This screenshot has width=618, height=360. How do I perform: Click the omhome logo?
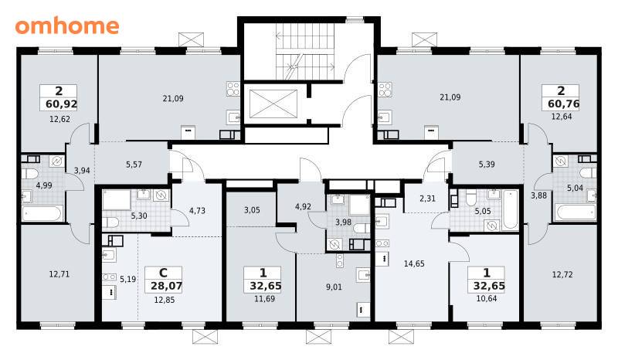[67, 26]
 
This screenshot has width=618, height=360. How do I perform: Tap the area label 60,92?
[61, 104]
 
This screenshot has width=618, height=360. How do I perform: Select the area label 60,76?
[564, 104]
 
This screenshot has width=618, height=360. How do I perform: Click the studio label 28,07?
[166, 286]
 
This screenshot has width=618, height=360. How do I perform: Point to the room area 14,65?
[414, 263]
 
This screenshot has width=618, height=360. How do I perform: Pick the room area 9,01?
[334, 287]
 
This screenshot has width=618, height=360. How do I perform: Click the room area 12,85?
[165, 300]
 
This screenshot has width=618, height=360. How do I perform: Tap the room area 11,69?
[264, 299]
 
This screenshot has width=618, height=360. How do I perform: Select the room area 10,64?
[487, 298]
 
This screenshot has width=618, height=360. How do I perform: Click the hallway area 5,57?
[134, 165]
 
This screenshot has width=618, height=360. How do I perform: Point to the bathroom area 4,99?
[44, 185]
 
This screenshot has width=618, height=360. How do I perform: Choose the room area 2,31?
[428, 199]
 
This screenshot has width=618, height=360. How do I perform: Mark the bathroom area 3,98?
[343, 222]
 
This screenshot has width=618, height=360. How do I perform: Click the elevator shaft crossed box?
[273, 104]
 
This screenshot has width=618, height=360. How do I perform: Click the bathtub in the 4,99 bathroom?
[42, 213]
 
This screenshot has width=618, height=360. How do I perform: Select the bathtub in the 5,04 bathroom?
[575, 212]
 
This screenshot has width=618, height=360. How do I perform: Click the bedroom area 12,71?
[59, 273]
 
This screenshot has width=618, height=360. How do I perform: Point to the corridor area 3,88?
[538, 195]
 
